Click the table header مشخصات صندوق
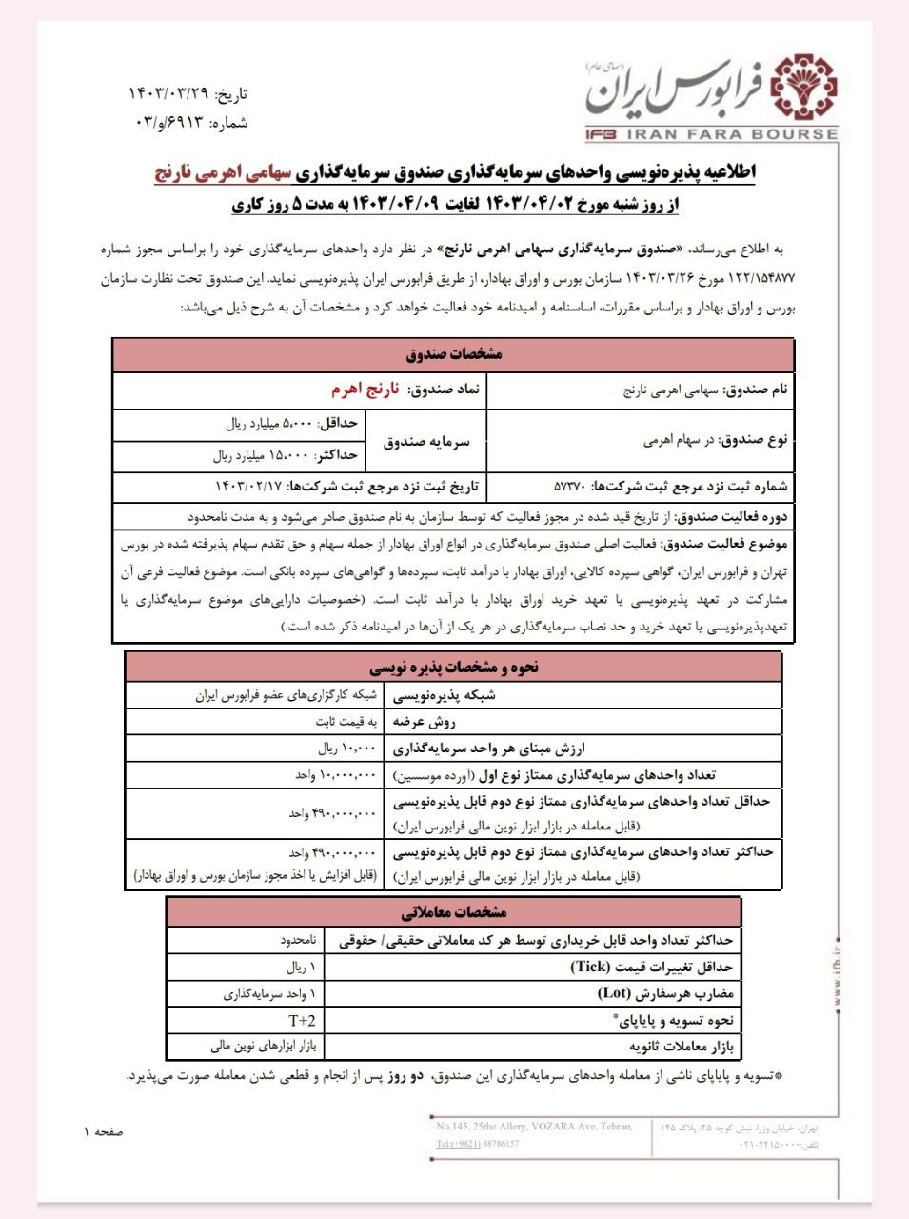click(x=453, y=354)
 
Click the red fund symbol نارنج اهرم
click(x=365, y=390)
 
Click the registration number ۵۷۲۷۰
click(x=571, y=487)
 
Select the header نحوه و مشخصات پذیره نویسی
click(x=453, y=667)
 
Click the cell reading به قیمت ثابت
click(x=346, y=722)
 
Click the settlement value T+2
click(x=303, y=1020)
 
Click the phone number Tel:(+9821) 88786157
click(x=478, y=1144)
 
